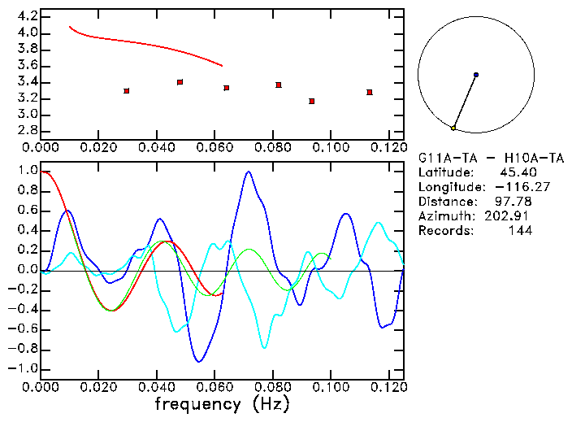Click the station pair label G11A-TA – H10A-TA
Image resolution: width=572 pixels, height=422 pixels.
pos(491,158)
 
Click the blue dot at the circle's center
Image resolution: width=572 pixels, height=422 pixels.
pos(476,75)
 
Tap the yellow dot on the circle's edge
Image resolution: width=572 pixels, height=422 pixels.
pos(453,128)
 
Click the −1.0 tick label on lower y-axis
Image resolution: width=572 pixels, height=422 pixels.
pos(21,368)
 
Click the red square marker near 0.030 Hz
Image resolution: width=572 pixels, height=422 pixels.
pos(127,91)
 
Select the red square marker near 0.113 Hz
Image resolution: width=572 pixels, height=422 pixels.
pos(370,92)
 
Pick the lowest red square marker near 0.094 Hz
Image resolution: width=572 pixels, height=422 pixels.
pos(312,101)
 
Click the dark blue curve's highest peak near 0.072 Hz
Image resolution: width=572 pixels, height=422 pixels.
pos(248,172)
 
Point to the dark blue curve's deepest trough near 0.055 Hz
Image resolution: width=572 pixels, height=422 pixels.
pos(199,361)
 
